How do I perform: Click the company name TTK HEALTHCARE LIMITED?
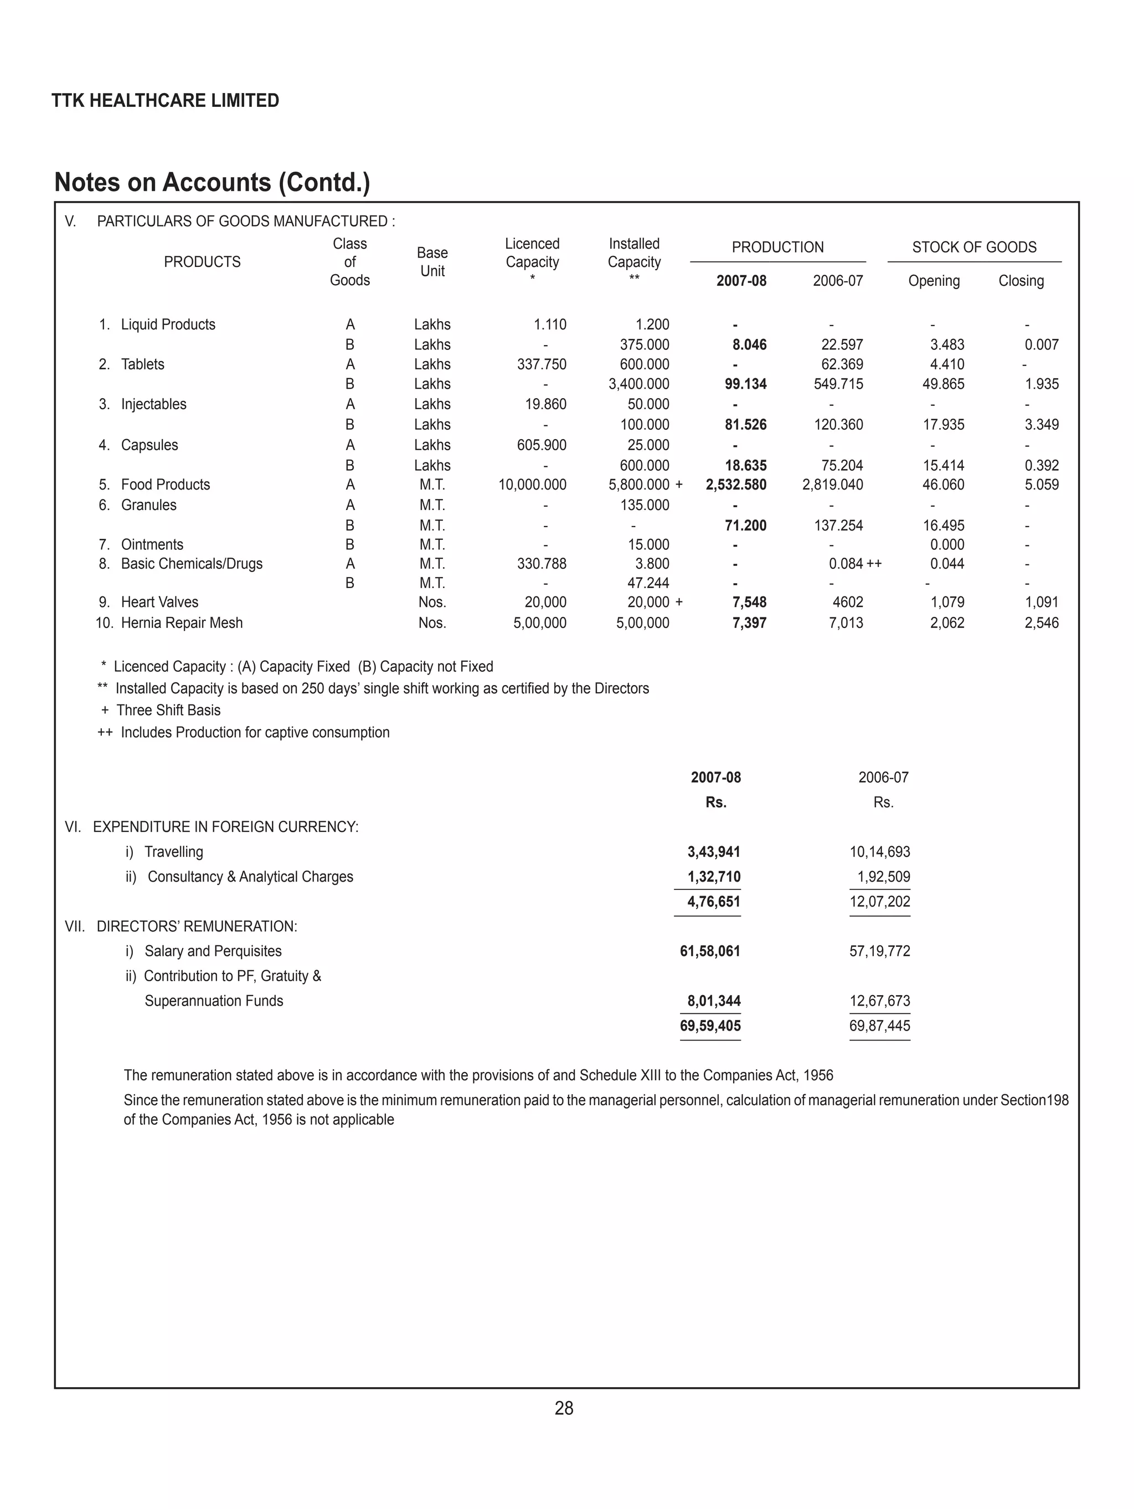(x=165, y=101)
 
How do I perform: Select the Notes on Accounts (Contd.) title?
(x=212, y=183)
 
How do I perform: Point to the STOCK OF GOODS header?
(x=973, y=247)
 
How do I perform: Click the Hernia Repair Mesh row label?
(x=182, y=623)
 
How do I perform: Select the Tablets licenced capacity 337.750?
(x=541, y=364)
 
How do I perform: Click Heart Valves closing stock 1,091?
(x=1040, y=602)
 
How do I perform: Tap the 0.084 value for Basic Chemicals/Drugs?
(x=846, y=564)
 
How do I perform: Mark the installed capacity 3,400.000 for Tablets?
(x=638, y=384)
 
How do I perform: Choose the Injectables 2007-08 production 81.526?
(x=745, y=425)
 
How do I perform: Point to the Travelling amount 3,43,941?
(x=713, y=852)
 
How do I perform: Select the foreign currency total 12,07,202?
(x=879, y=902)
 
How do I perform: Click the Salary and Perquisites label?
(x=213, y=951)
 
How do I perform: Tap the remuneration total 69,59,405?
(x=710, y=1026)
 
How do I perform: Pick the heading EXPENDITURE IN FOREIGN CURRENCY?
(x=225, y=827)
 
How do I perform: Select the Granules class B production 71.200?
(x=745, y=526)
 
